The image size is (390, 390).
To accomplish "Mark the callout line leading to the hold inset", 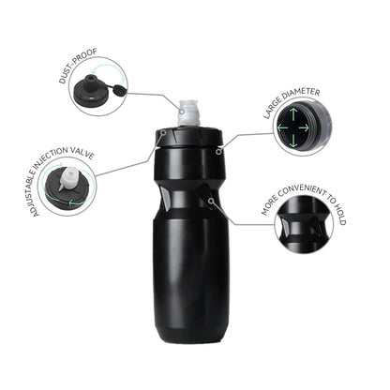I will (x=244, y=222).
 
